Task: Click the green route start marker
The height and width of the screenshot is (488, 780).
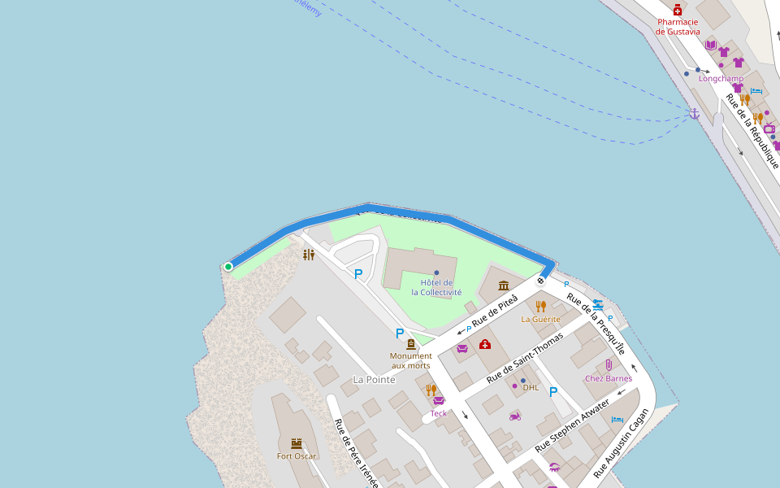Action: [x=228, y=266]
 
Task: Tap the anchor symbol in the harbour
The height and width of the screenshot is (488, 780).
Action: [x=694, y=114]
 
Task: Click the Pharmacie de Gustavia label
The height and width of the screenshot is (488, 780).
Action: [x=678, y=27]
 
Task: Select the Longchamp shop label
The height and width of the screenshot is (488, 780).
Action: [x=721, y=79]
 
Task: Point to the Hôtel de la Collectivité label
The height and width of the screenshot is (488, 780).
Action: [x=436, y=287]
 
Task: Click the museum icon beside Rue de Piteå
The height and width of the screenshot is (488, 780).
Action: [x=504, y=285]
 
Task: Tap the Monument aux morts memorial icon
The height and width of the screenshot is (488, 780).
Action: [x=410, y=344]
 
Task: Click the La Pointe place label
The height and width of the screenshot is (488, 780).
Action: [x=374, y=380]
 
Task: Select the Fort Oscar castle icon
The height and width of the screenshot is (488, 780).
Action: [x=297, y=443]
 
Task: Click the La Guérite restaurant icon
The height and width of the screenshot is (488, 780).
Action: [x=540, y=306]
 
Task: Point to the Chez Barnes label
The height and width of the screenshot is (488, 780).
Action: [x=608, y=378]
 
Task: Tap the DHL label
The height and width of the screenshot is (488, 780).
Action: [x=531, y=387]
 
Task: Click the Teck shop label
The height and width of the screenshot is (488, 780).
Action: [x=439, y=413]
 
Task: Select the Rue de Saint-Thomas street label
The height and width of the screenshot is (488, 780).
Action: [x=524, y=358]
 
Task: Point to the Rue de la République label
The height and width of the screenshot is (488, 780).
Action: [x=752, y=130]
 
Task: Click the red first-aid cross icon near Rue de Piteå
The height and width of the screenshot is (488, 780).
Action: [x=485, y=344]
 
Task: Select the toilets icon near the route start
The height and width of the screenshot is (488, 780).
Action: [x=308, y=255]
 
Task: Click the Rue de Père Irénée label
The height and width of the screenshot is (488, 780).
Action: [x=356, y=453]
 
